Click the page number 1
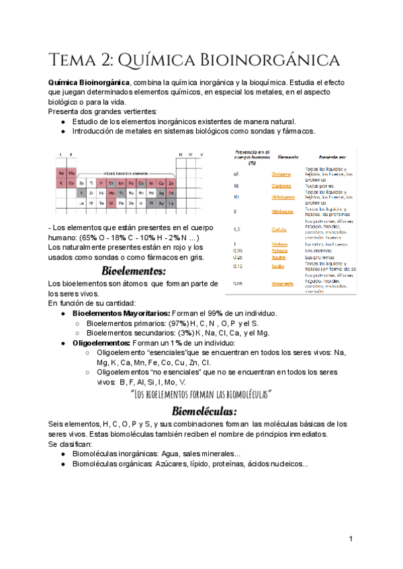tap(351, 539)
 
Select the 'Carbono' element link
tap(282, 186)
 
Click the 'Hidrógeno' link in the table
tap(282, 197)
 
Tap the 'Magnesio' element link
tap(282, 284)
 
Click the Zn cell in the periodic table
tap(171, 183)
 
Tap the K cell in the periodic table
tap(62, 183)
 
